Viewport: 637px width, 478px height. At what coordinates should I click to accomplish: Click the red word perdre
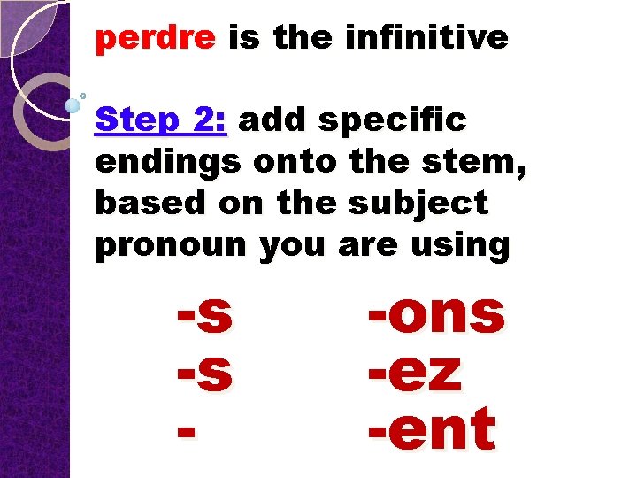[x=155, y=38]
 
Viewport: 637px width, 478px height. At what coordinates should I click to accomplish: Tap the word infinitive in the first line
[x=426, y=38]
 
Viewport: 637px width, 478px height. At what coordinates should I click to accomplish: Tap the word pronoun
[x=172, y=246]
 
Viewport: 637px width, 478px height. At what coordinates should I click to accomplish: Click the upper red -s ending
[x=205, y=316]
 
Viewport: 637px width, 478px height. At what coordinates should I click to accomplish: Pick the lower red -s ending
[x=205, y=374]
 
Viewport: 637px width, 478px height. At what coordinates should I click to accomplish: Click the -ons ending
[x=436, y=314]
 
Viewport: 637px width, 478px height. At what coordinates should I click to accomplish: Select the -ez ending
[x=415, y=374]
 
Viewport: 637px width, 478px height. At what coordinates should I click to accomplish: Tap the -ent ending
[x=431, y=431]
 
